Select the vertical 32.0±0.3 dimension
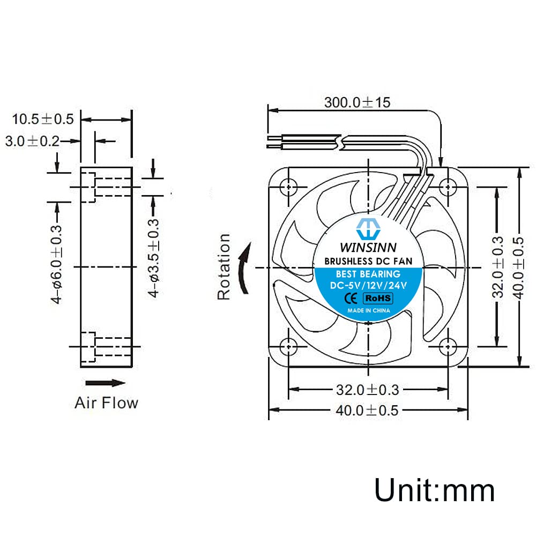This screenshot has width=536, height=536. [498, 266]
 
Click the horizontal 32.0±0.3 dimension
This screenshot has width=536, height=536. [367, 389]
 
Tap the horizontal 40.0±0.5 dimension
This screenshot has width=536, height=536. [367, 411]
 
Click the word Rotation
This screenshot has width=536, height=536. [224, 266]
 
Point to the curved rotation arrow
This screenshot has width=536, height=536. [244, 267]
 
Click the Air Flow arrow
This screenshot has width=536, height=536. [106, 383]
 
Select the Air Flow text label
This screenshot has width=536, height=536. [106, 403]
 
